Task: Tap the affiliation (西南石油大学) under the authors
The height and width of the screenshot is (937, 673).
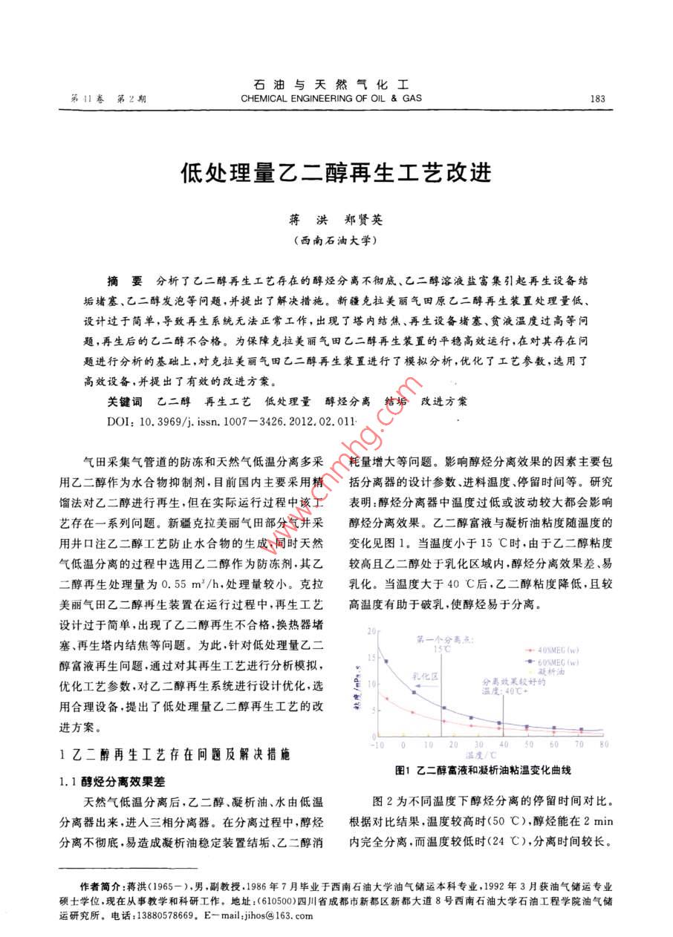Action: pyautogui.click(x=336, y=241)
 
